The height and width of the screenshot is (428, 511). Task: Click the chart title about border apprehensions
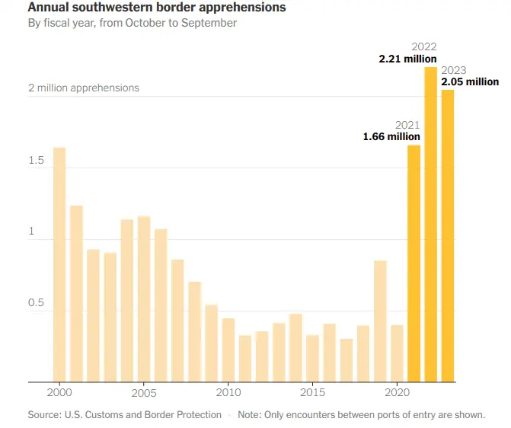(x=157, y=8)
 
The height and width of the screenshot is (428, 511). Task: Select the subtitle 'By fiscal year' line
(x=133, y=24)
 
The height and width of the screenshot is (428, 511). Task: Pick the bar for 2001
(x=76, y=293)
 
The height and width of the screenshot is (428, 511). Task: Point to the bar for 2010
(x=228, y=350)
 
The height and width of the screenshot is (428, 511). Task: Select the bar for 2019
(x=380, y=321)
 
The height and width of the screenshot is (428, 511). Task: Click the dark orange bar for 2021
(x=414, y=263)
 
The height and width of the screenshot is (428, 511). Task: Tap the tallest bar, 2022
(x=430, y=225)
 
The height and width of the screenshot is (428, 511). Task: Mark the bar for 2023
(x=448, y=236)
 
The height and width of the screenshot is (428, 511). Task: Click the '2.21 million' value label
(x=407, y=59)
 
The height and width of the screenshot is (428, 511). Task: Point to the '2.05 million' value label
(x=470, y=81)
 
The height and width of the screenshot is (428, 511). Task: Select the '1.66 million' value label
(x=391, y=137)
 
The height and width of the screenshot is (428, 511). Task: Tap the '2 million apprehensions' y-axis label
(x=84, y=88)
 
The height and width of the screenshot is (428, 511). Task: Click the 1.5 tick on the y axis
(x=37, y=161)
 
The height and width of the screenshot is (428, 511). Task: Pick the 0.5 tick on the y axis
(x=37, y=304)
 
